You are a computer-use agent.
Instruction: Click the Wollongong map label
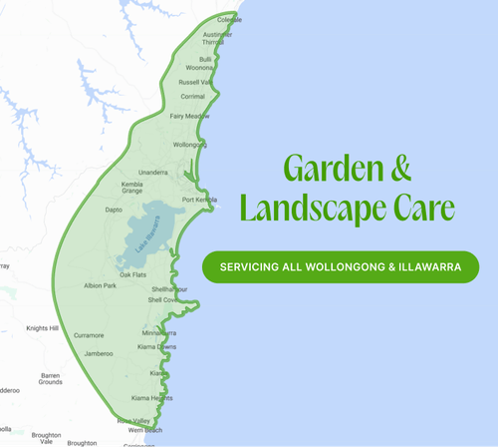(x=190, y=145)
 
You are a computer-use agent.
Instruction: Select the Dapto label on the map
(x=114, y=211)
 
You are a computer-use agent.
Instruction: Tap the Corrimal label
(x=193, y=97)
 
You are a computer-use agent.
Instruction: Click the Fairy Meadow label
(x=189, y=117)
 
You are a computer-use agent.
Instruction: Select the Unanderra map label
(x=152, y=173)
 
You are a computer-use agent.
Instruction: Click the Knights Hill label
(x=43, y=328)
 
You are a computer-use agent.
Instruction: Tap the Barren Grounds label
(x=50, y=378)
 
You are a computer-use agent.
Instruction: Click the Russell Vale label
(x=194, y=81)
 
